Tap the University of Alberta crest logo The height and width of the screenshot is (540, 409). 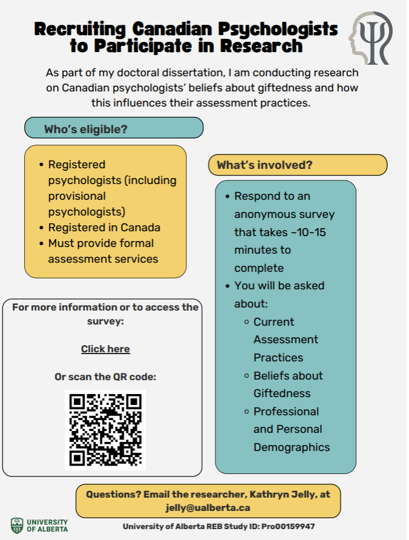pos(17,525)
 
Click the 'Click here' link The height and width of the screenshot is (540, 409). pos(105,349)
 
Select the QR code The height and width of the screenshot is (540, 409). pos(105,430)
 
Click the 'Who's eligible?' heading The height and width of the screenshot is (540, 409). pos(85,129)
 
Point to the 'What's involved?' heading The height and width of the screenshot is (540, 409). pos(264,165)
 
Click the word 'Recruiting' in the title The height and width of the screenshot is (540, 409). pos(81,28)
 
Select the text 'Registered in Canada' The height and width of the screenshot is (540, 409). pos(104,228)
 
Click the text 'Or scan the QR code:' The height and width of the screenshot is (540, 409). pos(105,377)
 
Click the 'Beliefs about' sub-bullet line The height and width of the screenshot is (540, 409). pos(288,375)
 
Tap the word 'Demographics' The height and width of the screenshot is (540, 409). pos(292,447)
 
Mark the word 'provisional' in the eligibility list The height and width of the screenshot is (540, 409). pos(77,196)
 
